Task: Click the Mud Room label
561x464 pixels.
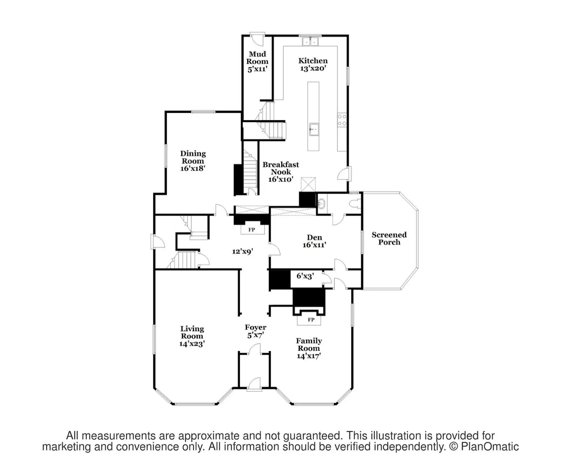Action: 257,62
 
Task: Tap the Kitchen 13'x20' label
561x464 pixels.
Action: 313,64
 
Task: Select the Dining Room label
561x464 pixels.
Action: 193,161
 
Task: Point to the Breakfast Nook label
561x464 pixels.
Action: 280,172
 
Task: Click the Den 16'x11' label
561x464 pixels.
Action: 314,241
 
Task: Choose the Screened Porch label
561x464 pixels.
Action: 389,238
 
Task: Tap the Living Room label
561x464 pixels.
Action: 192,336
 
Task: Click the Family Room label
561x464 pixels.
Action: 309,348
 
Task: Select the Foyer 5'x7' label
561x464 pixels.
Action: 255,331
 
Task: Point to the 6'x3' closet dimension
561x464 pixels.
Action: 305,276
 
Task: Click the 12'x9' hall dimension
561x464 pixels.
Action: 242,251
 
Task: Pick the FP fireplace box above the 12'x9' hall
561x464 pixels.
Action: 252,230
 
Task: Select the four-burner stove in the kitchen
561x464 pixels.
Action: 342,120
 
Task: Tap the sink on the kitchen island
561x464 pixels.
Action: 313,129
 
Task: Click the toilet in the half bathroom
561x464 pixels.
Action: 356,204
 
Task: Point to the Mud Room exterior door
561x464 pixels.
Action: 258,39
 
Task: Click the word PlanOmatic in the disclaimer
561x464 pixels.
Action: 489,446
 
